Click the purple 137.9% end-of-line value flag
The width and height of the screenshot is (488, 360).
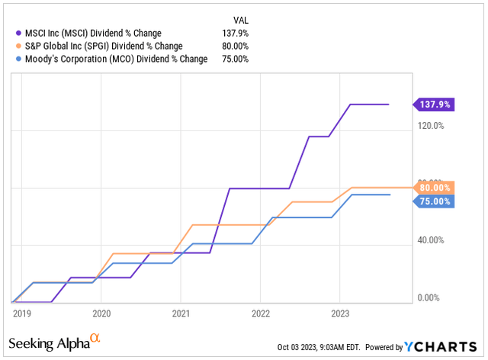tap(433, 104)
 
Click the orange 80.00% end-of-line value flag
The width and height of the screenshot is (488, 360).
tap(435, 188)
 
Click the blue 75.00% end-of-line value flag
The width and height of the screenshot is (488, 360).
tap(435, 201)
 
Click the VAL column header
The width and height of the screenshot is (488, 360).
tap(240, 18)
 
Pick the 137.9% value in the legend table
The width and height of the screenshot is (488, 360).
tap(236, 32)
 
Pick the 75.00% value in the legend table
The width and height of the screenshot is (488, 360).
tap(236, 59)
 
